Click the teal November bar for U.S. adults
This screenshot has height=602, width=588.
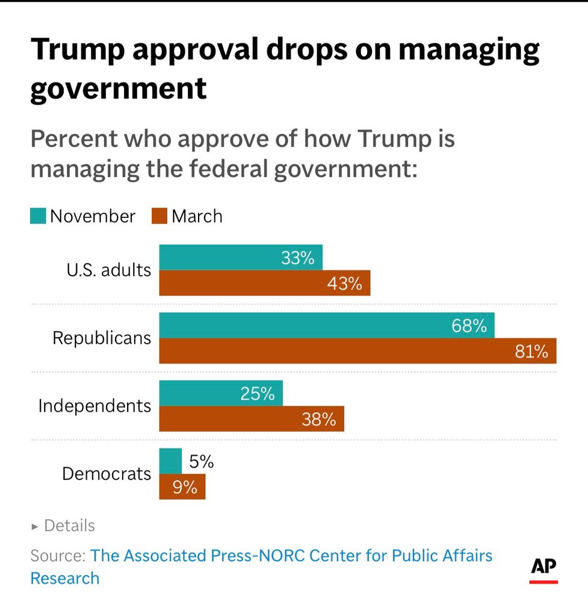[241, 258]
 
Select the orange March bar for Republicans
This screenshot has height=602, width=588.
[357, 351]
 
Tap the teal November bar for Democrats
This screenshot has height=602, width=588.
[170, 461]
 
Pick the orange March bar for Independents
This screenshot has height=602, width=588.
[252, 419]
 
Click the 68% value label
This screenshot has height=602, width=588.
[469, 326]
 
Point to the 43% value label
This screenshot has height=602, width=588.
[344, 284]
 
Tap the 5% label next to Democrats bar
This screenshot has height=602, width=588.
[201, 462]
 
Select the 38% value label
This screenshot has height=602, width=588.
[318, 419]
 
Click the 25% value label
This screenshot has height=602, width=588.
[257, 394]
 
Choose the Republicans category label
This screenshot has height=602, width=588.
[102, 338]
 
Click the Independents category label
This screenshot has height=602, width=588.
[94, 406]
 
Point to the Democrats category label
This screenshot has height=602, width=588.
[107, 474]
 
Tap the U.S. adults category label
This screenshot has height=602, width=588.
[108, 270]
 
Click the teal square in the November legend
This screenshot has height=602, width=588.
[38, 216]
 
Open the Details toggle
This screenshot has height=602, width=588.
[63, 526]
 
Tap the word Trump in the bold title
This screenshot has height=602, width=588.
[78, 50]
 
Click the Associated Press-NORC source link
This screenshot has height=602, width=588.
[291, 556]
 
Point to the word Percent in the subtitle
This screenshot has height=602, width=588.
[72, 139]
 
